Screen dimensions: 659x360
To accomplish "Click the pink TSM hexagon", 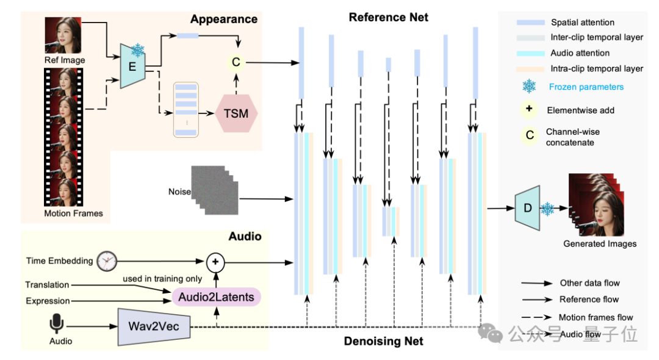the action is (236, 113).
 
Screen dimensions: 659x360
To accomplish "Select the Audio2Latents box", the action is (216, 297).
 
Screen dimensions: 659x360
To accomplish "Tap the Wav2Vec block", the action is (154, 327).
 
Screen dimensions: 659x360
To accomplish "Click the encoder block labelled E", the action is (133, 66).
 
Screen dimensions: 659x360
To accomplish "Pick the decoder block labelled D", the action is (527, 208).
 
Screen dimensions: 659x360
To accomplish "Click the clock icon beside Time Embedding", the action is (107, 261).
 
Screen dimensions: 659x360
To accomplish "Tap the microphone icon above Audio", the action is (57, 323).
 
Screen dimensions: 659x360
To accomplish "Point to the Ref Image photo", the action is (63, 35).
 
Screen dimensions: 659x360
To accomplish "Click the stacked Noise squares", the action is (215, 190).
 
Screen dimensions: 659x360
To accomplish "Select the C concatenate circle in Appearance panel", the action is (236, 62).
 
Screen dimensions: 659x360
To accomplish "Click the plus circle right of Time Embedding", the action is (215, 262).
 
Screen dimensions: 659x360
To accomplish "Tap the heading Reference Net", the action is (388, 17).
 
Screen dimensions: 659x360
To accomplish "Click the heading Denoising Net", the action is (384, 341).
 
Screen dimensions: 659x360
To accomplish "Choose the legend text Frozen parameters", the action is (586, 87).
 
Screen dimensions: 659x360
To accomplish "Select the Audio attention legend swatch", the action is (530, 53).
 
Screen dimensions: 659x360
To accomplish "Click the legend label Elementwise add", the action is (580, 110).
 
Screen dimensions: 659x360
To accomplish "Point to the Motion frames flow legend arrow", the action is (536, 317).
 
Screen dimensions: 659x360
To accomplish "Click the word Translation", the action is (47, 285).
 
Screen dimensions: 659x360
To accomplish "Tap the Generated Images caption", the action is (600, 243).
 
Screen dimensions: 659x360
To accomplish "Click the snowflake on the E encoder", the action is (137, 51).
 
